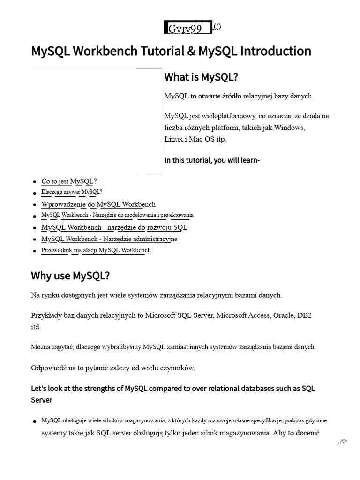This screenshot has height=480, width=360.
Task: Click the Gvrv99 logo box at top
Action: [x=188, y=28]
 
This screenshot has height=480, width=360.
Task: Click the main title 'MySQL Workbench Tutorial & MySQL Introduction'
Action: [x=171, y=51]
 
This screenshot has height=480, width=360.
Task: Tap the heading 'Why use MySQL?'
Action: [x=70, y=276]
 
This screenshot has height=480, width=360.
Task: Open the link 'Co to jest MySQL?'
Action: [x=69, y=181]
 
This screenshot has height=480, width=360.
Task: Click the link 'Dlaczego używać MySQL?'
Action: [x=72, y=192]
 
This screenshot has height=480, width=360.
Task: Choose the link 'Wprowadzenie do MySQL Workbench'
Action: [x=98, y=204]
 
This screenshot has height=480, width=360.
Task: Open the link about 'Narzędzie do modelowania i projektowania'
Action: [x=117, y=215]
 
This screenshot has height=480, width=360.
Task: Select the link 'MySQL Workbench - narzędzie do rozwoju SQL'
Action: [x=114, y=227]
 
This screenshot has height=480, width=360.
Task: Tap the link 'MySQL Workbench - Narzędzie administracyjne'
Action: [x=109, y=239]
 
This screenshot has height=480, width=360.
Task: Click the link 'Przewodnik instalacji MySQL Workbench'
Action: [x=96, y=250]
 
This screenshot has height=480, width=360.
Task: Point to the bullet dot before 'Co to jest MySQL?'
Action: [x=35, y=182]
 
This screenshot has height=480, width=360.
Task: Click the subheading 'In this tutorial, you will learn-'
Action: [x=212, y=160]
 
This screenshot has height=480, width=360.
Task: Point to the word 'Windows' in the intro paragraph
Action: [x=289, y=127]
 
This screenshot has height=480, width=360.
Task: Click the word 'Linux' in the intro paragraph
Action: [x=173, y=139]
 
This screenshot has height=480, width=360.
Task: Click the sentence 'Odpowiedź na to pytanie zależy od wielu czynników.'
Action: [x=112, y=368]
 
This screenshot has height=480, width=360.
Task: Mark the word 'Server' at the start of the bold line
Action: [x=42, y=400]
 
